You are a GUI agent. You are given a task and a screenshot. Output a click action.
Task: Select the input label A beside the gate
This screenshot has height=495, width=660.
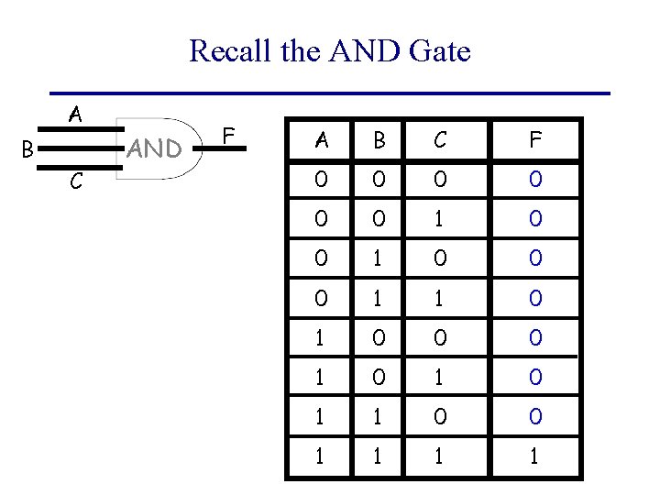[76, 115]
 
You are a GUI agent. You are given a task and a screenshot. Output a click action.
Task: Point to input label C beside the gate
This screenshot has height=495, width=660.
[76, 183]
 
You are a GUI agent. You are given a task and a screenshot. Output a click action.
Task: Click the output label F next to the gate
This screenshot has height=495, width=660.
[231, 137]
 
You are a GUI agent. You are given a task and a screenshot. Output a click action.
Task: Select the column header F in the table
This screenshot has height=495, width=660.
[534, 139]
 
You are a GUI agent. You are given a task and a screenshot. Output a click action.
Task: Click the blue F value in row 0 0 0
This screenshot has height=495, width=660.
[534, 179]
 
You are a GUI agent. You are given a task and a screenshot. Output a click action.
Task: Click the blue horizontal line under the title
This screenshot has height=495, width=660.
[330, 93]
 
